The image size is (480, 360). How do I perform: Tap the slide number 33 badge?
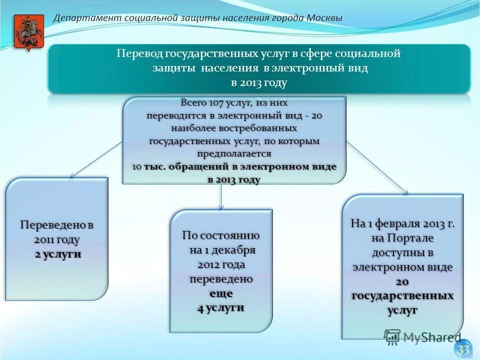coord(463,349)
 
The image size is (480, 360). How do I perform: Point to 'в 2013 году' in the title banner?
coord(259,82)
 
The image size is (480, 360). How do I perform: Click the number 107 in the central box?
coord(211,103)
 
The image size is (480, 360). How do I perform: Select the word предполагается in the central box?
coord(234,153)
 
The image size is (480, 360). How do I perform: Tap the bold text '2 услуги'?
coord(57,254)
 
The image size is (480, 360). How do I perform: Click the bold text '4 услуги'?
coord(220,307)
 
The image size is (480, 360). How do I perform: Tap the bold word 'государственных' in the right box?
coord(402,295)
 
